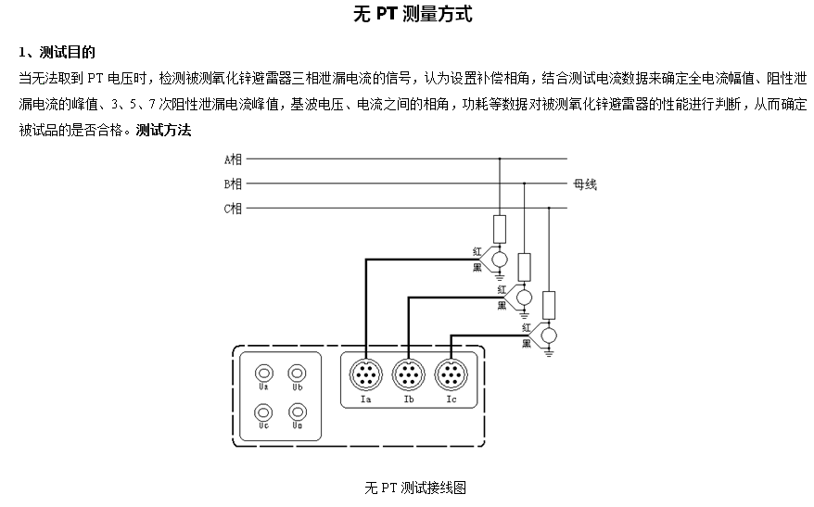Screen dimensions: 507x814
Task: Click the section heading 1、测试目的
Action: [x=57, y=52]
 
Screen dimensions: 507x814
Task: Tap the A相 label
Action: [x=233, y=159]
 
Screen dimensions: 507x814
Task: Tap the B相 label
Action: [x=233, y=184]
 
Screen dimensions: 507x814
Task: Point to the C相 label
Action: [x=233, y=209]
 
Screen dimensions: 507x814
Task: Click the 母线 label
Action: [x=585, y=184]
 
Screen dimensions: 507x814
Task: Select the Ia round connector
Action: [x=364, y=375]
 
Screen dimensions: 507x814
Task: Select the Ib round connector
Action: [x=408, y=375]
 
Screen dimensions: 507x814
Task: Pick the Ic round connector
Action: [x=451, y=375]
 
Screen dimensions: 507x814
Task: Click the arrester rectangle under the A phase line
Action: [x=500, y=229]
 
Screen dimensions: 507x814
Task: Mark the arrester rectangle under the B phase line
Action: [x=524, y=266]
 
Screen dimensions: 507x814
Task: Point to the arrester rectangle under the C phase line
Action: [x=549, y=304]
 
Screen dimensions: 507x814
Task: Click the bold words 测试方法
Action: [x=163, y=130]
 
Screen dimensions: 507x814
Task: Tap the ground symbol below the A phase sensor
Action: [x=500, y=275]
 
